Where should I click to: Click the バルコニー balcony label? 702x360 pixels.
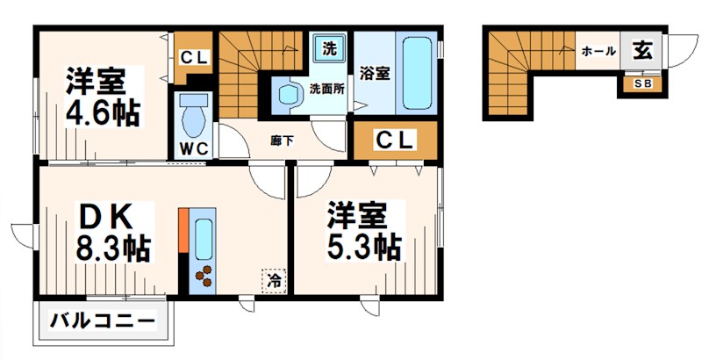pyautogui.click(x=103, y=320)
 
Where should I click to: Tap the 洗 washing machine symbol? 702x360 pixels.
pyautogui.click(x=329, y=47)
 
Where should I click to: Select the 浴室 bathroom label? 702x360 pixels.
pyautogui.click(x=375, y=74)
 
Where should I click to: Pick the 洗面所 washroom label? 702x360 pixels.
pyautogui.click(x=325, y=88)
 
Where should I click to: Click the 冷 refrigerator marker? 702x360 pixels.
pyautogui.click(x=275, y=281)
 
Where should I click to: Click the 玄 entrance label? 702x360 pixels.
pyautogui.click(x=642, y=51)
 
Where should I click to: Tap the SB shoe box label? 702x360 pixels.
pyautogui.click(x=641, y=84)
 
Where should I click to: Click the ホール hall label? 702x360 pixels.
pyautogui.click(x=598, y=52)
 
